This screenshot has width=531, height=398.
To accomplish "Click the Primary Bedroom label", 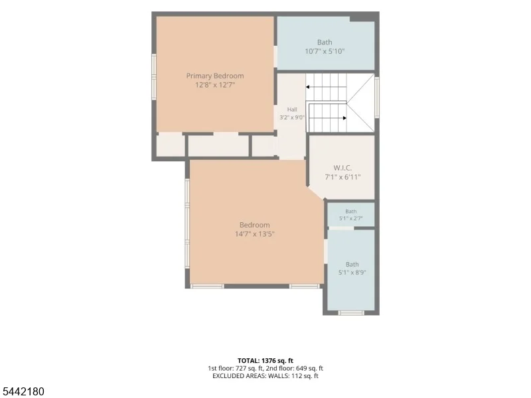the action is (215, 76).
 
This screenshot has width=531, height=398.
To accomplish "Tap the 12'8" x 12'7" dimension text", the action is (215, 85).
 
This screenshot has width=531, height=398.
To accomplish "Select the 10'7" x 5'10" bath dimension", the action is (325, 52).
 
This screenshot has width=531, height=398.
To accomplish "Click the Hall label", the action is (292, 109).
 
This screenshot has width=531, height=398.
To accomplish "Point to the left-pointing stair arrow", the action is (326, 87).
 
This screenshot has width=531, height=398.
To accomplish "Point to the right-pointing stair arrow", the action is (328, 118).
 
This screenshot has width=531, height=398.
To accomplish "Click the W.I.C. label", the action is (342, 168).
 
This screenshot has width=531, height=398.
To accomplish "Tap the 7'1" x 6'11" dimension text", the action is (342, 176).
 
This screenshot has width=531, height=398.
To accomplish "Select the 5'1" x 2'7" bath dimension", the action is (351, 219).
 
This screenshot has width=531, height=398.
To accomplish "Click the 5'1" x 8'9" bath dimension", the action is (352, 273).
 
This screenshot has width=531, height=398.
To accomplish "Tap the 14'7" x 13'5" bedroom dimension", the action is (255, 234).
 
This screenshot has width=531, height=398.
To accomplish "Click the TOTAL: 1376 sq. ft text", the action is (265, 360).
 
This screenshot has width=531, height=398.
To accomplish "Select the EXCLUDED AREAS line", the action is (265, 375).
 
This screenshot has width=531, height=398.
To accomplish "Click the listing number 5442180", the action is (23, 391).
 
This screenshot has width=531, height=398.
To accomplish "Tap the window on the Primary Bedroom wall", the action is (154, 77).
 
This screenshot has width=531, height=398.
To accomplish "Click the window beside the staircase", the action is (377, 97).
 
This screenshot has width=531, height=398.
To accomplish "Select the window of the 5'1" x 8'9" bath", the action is (351, 312).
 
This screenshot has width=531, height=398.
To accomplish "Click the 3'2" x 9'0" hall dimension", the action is (292, 117).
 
